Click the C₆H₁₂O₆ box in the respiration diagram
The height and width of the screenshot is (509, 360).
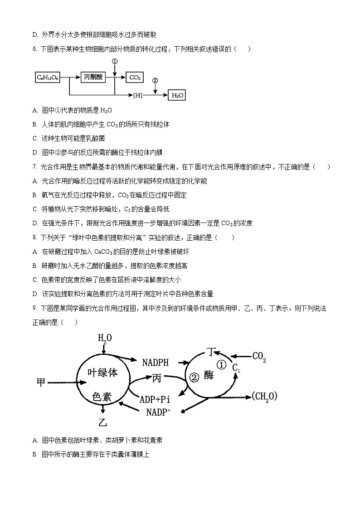[49, 78]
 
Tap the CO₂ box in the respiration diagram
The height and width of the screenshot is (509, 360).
[135, 78]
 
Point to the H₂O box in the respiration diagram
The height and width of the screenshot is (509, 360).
[177, 95]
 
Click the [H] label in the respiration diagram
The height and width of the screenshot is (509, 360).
[137, 95]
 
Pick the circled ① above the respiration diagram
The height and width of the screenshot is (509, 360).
[115, 61]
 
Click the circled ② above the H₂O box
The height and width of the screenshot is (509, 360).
[155, 81]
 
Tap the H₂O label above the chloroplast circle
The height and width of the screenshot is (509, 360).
[105, 338]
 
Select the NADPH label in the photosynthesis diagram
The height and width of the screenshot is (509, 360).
[155, 363]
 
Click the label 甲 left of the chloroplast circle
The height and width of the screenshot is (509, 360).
[41, 383]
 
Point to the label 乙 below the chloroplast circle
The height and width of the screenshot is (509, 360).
[103, 422]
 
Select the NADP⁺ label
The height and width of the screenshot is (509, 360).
[158, 412]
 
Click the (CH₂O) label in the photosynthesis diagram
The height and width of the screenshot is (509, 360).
[264, 397]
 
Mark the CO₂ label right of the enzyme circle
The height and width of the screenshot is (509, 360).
[259, 357]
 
